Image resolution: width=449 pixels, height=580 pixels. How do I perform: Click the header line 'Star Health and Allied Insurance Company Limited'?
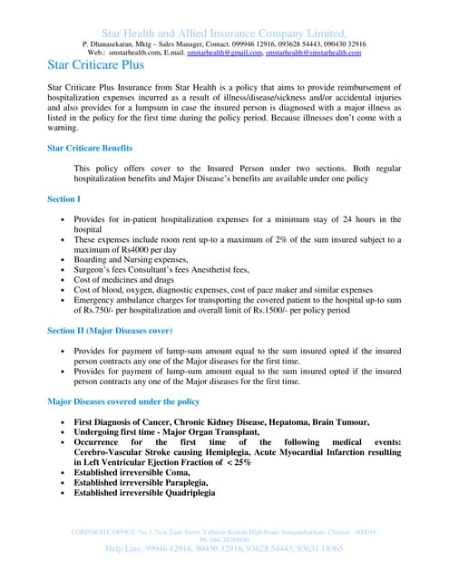[x=224, y=32]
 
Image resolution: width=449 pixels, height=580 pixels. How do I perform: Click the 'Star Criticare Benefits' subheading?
[x=90, y=147]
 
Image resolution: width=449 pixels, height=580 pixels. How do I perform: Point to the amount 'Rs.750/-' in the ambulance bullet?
[x=93, y=309]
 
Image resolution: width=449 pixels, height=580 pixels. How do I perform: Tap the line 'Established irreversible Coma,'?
[x=132, y=472]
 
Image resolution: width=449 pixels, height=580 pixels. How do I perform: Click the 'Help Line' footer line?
[x=224, y=548]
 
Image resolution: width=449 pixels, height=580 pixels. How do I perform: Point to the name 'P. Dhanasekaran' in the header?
[x=112, y=43]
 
